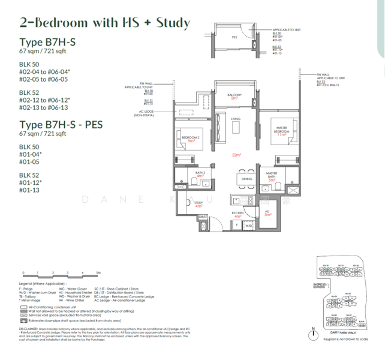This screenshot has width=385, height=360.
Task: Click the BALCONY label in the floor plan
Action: [x=234, y=95]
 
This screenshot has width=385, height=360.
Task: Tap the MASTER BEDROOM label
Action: [x=279, y=130]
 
